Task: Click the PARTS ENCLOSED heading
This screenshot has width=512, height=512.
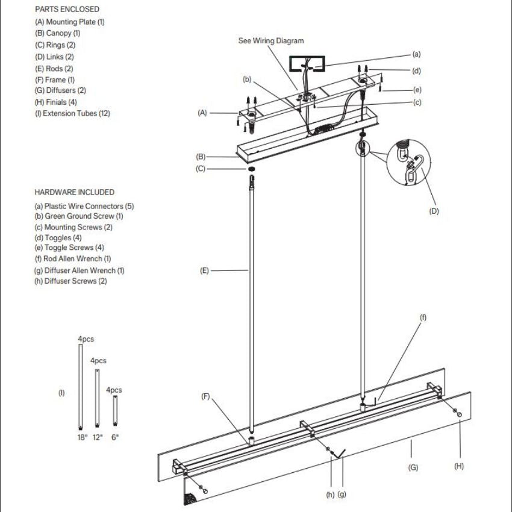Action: point(67,10)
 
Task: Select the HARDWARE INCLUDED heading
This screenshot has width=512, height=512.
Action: point(74,193)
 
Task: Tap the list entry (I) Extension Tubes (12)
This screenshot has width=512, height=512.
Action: point(72,113)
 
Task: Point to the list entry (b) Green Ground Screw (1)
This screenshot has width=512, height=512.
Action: point(79,216)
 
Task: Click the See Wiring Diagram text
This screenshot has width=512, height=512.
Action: point(271,41)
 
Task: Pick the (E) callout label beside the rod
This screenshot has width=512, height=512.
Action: point(204,271)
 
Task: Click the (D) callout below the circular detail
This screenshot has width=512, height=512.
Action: point(434,211)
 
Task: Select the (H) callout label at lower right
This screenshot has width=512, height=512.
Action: point(460,466)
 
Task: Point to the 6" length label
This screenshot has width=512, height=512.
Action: point(114,437)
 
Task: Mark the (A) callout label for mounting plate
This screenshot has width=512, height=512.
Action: point(202,113)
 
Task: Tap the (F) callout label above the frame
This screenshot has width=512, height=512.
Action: point(205,396)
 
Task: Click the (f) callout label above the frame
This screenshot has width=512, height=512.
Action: point(423,317)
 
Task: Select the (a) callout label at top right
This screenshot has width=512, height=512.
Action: point(416,54)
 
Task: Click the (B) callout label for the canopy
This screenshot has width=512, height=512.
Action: point(201,157)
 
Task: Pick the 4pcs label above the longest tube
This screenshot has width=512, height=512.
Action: point(86,339)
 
